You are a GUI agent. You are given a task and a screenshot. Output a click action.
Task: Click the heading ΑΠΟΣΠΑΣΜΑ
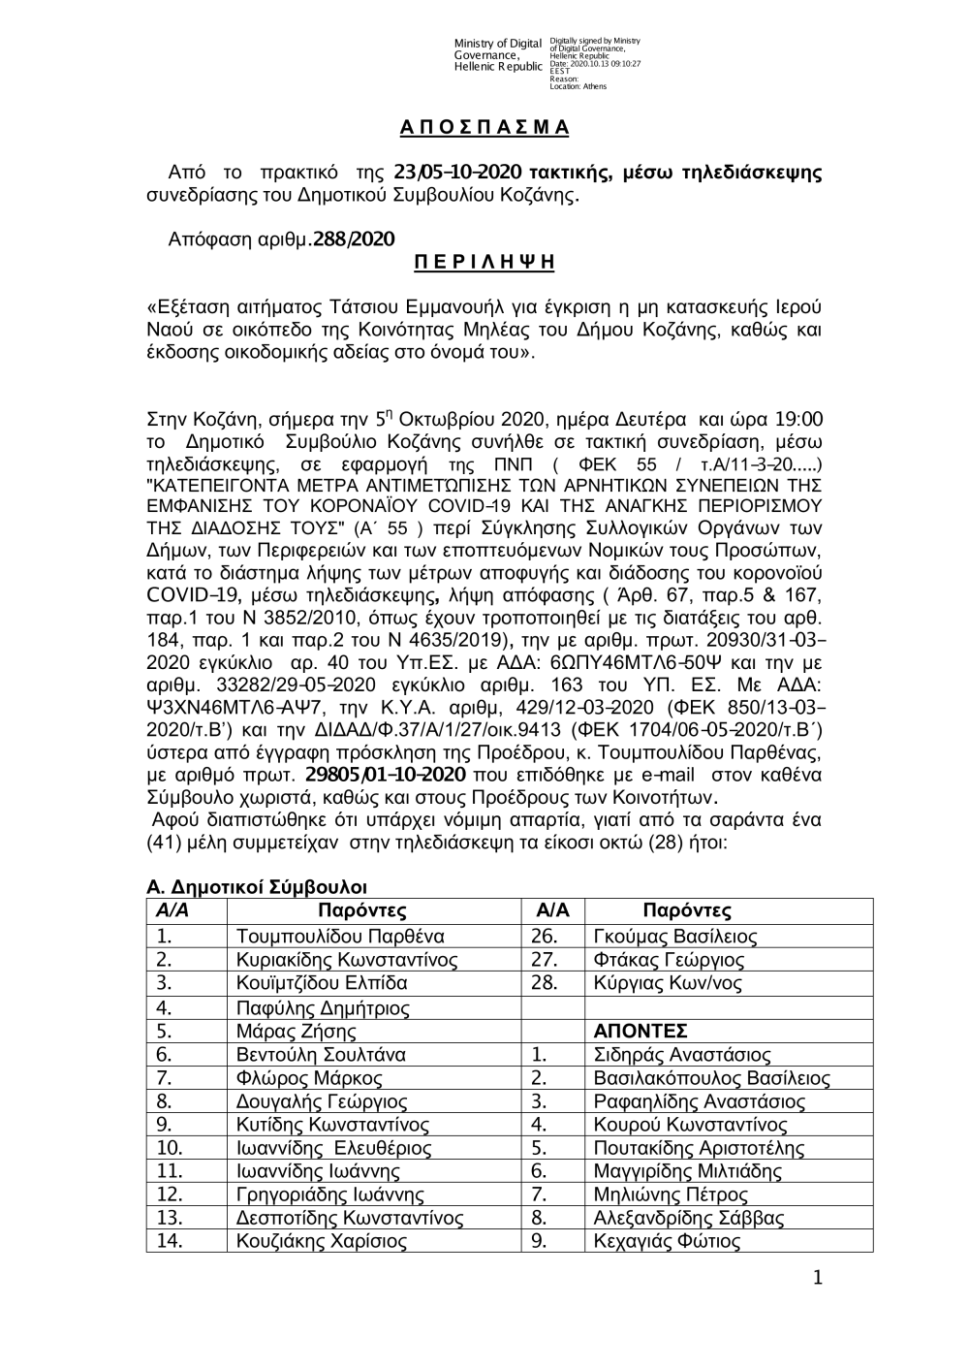484,128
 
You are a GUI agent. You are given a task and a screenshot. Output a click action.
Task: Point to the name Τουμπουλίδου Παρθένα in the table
340,937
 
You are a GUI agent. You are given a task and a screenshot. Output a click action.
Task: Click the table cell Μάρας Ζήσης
297,1031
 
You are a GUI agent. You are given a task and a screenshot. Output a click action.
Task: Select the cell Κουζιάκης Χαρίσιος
322,1242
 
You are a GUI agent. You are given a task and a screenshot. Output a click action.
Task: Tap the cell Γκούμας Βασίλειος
674,937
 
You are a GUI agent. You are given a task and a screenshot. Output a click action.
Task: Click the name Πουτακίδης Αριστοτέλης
699,1148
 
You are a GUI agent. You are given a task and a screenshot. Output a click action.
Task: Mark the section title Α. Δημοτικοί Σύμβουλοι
256,887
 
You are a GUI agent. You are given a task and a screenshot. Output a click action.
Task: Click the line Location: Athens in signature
578,86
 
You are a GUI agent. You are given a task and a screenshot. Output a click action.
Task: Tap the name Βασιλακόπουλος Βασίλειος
711,1077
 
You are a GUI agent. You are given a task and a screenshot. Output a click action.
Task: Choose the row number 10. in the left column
170,1148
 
